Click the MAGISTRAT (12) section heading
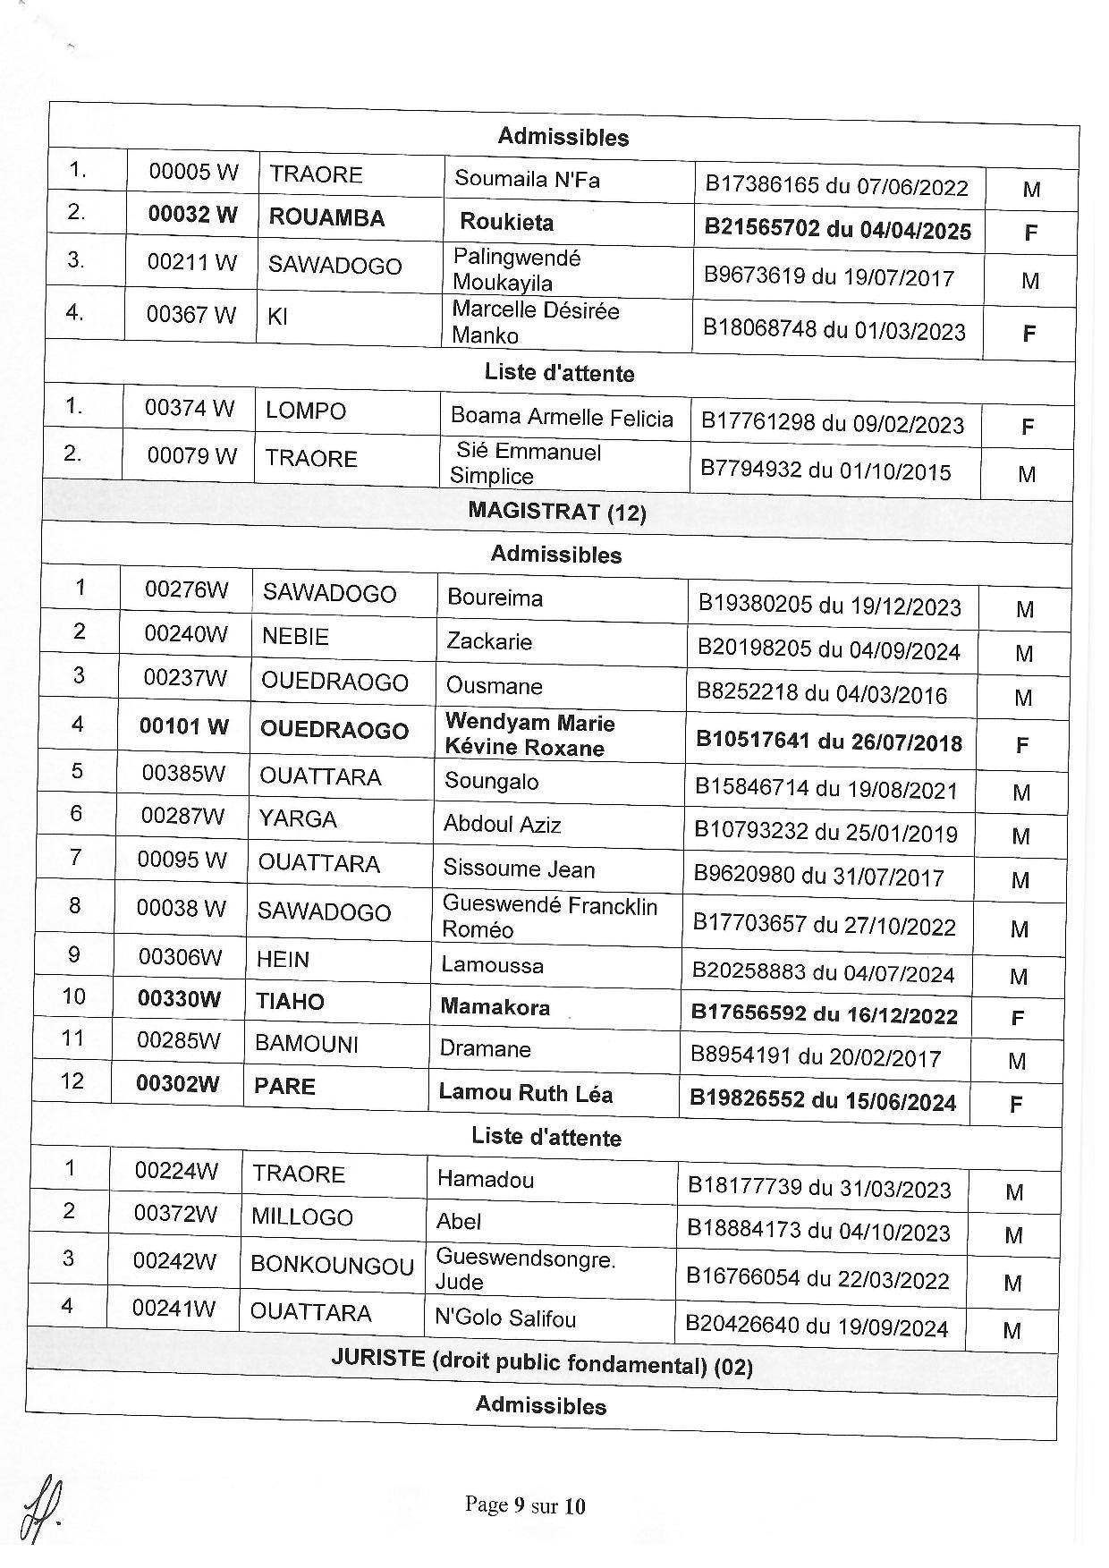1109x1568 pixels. [x=556, y=512]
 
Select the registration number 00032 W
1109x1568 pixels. [x=193, y=216]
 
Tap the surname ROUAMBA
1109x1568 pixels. [x=326, y=218]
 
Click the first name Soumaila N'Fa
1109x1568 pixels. [x=527, y=179]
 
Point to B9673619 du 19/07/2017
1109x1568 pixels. [x=829, y=276]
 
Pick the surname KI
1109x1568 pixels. [x=277, y=316]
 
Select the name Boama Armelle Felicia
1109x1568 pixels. [x=562, y=418]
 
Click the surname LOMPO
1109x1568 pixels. [x=306, y=411]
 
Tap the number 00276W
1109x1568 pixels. [x=187, y=590]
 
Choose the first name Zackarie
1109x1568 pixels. [x=489, y=641]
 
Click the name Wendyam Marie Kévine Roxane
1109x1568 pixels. [x=529, y=735]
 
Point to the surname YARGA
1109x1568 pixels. [x=298, y=819]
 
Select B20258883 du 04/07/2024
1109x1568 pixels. [x=823, y=972]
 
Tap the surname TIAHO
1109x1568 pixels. [x=290, y=1001]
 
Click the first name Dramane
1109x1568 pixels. [x=485, y=1048]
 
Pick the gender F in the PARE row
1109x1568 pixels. [x=1015, y=1105]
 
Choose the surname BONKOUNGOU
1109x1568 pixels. [x=332, y=1266]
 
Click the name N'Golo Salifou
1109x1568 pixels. [x=505, y=1318]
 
